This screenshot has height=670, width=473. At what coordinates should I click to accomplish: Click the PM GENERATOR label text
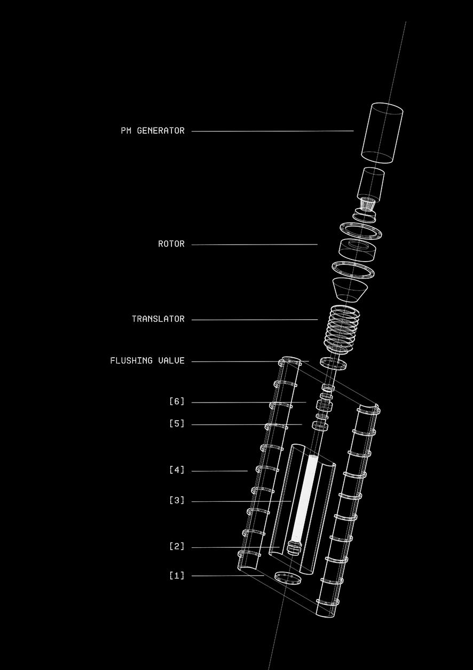153,131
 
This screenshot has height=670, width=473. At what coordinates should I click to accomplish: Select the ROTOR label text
171,244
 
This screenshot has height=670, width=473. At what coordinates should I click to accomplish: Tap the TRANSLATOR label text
158,319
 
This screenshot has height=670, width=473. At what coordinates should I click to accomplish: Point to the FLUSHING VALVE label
147,361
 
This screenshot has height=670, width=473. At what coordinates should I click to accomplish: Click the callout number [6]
177,401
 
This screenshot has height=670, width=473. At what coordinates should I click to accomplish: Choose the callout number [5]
177,424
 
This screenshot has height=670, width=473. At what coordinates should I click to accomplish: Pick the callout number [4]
177,470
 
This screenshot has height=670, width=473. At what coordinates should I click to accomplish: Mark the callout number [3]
177,501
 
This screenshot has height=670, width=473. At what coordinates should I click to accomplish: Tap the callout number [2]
177,547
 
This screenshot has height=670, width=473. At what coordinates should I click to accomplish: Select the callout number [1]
177,576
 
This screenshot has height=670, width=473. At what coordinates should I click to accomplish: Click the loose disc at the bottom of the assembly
288,578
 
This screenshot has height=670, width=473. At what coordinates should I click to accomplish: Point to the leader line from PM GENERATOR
272,131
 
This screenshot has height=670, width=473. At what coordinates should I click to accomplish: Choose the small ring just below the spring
333,364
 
